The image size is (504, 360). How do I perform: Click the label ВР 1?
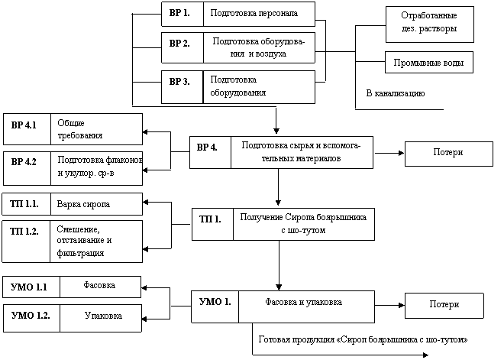(179, 13)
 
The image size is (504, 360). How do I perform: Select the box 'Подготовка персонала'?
(259, 15)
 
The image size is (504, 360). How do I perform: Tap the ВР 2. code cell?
(183, 47)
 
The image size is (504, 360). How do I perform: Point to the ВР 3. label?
(179, 82)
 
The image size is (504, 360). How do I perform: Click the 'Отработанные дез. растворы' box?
(430, 24)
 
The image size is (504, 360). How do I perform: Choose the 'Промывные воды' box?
(429, 62)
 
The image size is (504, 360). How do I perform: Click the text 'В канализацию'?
(396, 93)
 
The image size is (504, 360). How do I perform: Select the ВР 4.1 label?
(24, 125)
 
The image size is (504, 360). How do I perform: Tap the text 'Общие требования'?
(79, 129)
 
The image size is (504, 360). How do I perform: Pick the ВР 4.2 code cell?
(27, 169)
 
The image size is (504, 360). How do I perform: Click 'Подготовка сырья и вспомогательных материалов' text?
(301, 152)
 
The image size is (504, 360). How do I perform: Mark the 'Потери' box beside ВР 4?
(449, 154)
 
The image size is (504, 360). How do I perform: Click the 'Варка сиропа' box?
(96, 204)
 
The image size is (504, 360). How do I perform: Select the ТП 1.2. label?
(24, 232)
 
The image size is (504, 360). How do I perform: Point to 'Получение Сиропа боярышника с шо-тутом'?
(303, 224)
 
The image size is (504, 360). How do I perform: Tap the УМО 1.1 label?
(29, 287)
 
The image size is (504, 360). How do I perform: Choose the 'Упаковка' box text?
(103, 316)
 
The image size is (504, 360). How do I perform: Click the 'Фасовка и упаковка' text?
(303, 302)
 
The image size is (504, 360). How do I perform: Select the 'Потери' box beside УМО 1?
(444, 306)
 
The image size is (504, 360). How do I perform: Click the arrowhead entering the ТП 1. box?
(279, 203)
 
